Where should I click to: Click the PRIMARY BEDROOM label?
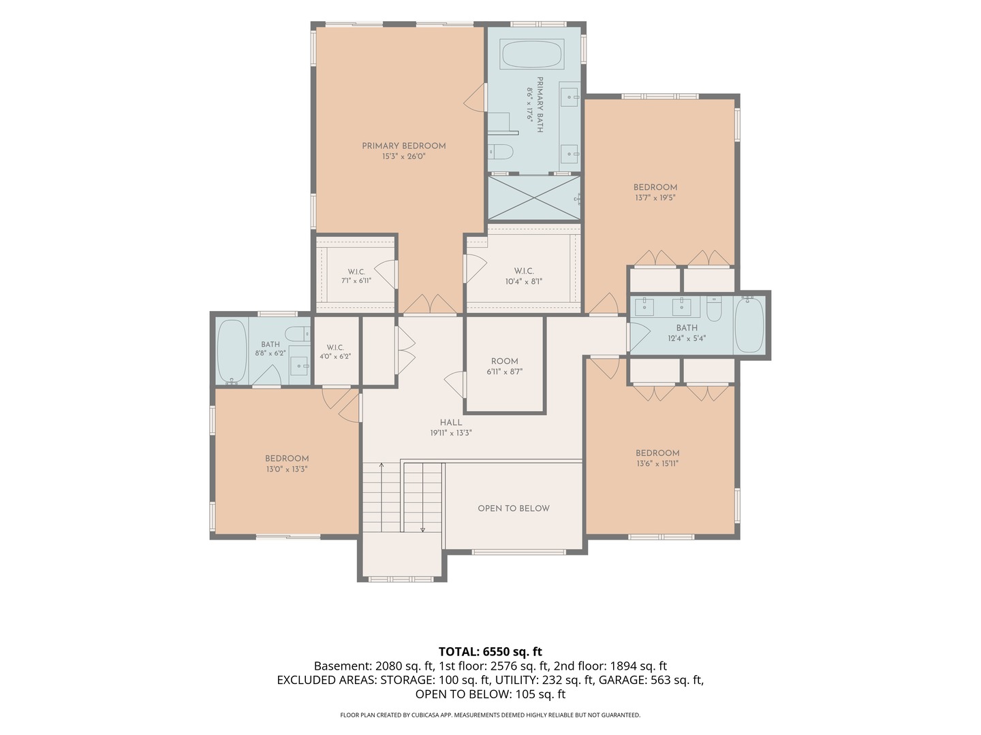(403, 146)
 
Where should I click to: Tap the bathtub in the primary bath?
(531, 54)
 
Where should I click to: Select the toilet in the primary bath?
(501, 152)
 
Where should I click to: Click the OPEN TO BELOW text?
(514, 508)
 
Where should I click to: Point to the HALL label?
(451, 423)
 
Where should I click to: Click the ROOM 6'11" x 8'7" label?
(505, 366)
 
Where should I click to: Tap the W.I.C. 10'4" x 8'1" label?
(524, 276)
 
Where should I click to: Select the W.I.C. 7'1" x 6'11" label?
(356, 276)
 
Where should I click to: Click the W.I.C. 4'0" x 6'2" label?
(335, 352)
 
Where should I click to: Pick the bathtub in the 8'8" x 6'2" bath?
(232, 351)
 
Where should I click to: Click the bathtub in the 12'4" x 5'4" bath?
(749, 325)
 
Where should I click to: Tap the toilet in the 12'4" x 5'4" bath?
(714, 308)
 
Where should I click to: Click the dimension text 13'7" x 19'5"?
(655, 197)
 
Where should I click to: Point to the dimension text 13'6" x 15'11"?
(657, 463)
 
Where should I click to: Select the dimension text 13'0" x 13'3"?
(287, 469)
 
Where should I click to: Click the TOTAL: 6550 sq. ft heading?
(490, 651)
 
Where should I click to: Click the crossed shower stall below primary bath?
(534, 197)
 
